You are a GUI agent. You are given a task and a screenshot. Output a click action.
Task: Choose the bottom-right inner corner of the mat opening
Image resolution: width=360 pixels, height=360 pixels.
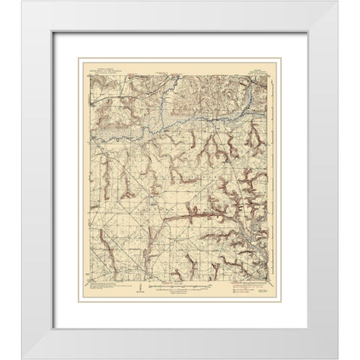coord(307,319)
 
